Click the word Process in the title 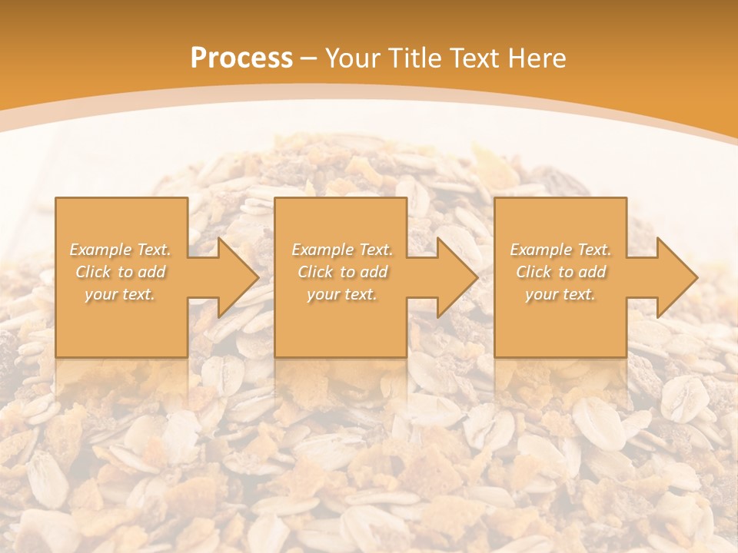(x=241, y=58)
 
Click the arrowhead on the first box (x=234, y=277)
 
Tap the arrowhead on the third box (x=673, y=277)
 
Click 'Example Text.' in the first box (x=121, y=250)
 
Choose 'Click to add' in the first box (x=121, y=272)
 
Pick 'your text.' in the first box (x=121, y=294)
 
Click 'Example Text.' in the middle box (x=342, y=250)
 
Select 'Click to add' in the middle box (x=342, y=272)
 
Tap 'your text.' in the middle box (x=342, y=294)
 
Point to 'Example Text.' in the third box (x=560, y=250)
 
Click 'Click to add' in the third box (x=560, y=272)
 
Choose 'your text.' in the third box (x=560, y=294)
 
